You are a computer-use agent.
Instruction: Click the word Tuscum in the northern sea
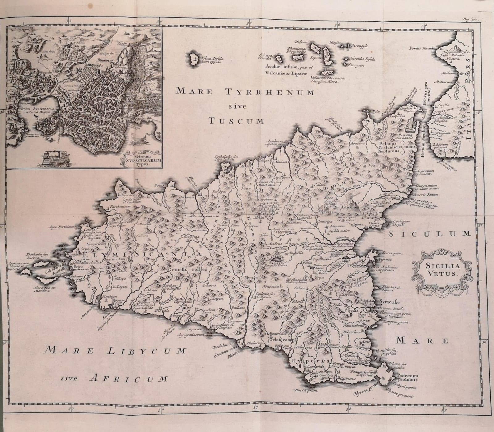236,121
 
